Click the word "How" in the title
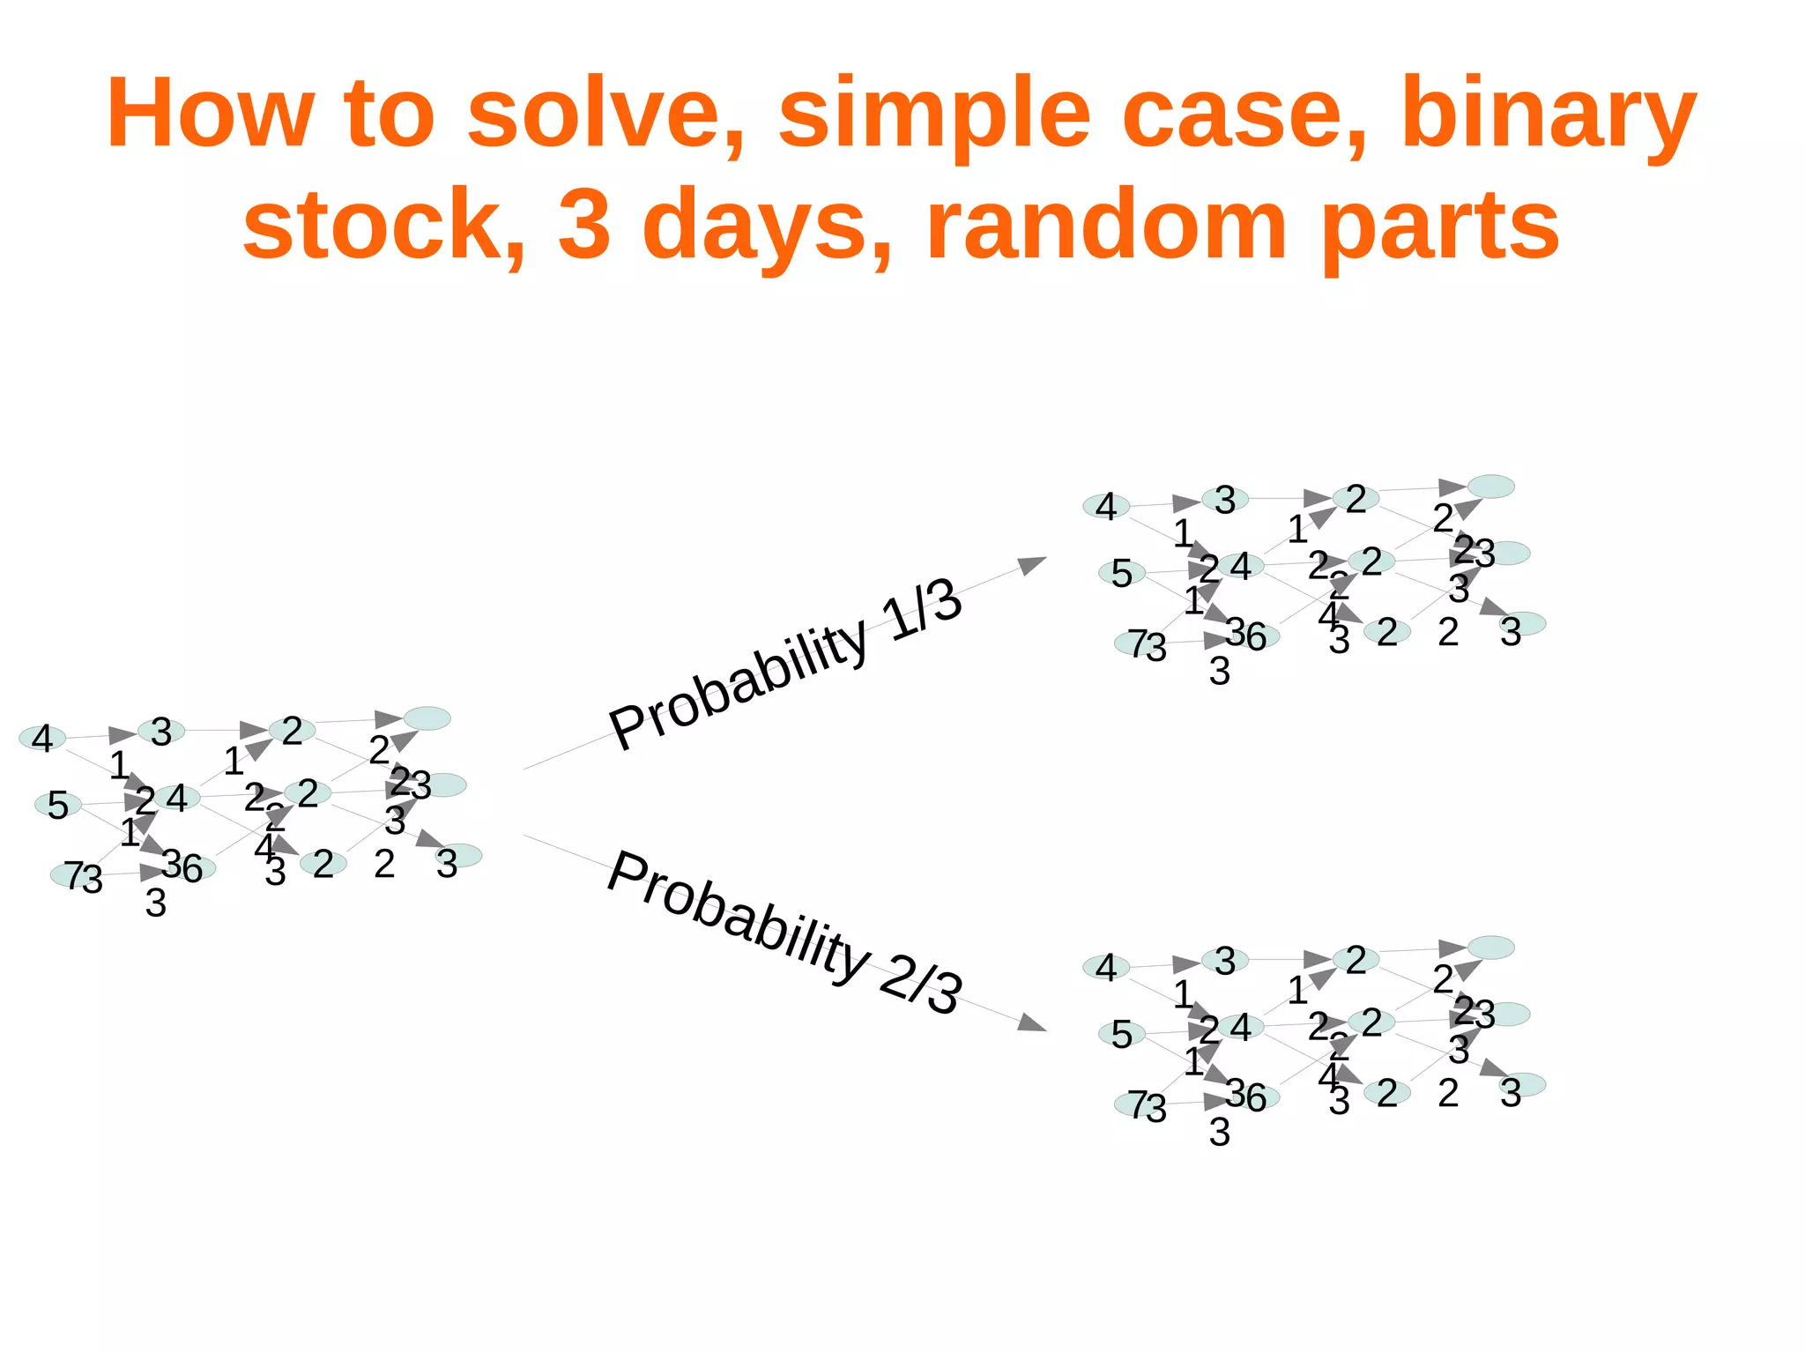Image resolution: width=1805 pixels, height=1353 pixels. (x=210, y=115)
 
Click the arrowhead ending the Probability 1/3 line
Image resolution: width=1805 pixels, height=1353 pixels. (x=1031, y=564)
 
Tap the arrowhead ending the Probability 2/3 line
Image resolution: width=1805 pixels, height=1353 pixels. (x=1031, y=1023)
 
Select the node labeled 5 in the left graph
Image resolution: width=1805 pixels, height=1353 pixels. (x=58, y=805)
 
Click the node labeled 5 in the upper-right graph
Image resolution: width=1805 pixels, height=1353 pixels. (x=1121, y=573)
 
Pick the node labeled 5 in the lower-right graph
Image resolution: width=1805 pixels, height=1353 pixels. (x=1121, y=1034)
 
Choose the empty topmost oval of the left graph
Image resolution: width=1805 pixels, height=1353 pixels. (x=427, y=718)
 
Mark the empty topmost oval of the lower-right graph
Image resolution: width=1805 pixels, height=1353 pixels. (x=1490, y=948)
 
